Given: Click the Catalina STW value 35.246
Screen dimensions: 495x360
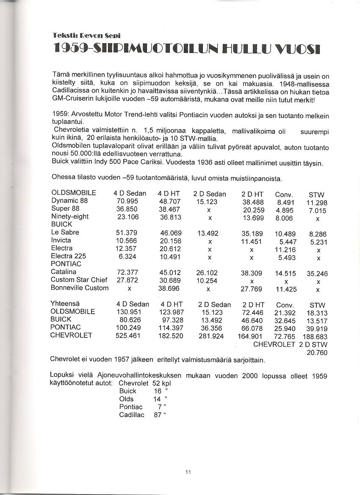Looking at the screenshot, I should (317, 274).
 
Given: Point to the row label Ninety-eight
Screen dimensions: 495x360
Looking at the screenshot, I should (70, 216).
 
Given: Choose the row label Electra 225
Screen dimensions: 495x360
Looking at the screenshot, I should (69, 256).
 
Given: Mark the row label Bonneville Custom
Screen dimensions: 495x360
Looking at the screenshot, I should (80, 288).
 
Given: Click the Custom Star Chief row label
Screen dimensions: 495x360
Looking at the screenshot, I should (79, 280).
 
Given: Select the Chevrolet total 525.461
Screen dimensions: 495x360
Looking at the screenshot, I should (130, 336).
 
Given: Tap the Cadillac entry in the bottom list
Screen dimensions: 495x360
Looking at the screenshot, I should (132, 415).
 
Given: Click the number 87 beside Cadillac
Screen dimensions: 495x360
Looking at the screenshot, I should (158, 415).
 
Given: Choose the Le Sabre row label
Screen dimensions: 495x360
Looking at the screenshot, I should (65, 232).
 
